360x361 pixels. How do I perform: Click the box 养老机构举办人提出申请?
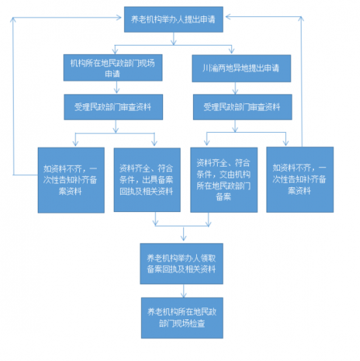tap(173, 20)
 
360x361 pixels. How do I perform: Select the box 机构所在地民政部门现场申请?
tap(113, 67)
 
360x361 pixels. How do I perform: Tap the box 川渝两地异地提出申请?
tap(241, 69)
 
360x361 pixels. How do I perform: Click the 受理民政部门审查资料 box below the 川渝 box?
tap(242, 107)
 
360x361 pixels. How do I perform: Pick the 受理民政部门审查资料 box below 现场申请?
tap(113, 107)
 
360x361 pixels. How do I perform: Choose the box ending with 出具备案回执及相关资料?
tap(147, 180)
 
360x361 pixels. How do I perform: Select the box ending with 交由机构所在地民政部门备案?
tap(224, 180)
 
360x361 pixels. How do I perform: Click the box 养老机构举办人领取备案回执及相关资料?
tap(182, 264)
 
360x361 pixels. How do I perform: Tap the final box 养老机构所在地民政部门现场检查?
tap(182, 318)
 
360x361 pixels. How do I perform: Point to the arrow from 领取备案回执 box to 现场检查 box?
tap(183, 291)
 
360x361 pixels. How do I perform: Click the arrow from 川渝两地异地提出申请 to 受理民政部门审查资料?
tap(235, 88)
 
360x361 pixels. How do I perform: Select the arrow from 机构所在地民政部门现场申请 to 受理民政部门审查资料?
tap(116, 87)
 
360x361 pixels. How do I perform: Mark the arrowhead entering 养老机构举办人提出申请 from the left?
tap(119, 17)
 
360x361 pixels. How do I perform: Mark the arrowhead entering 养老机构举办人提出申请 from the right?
tap(228, 16)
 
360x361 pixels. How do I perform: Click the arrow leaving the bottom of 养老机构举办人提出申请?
tap(174, 38)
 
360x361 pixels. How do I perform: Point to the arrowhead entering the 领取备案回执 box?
tap(183, 238)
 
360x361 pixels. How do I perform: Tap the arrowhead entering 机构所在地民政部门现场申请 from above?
tap(115, 51)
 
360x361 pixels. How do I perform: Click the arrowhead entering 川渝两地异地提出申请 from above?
tap(232, 51)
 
